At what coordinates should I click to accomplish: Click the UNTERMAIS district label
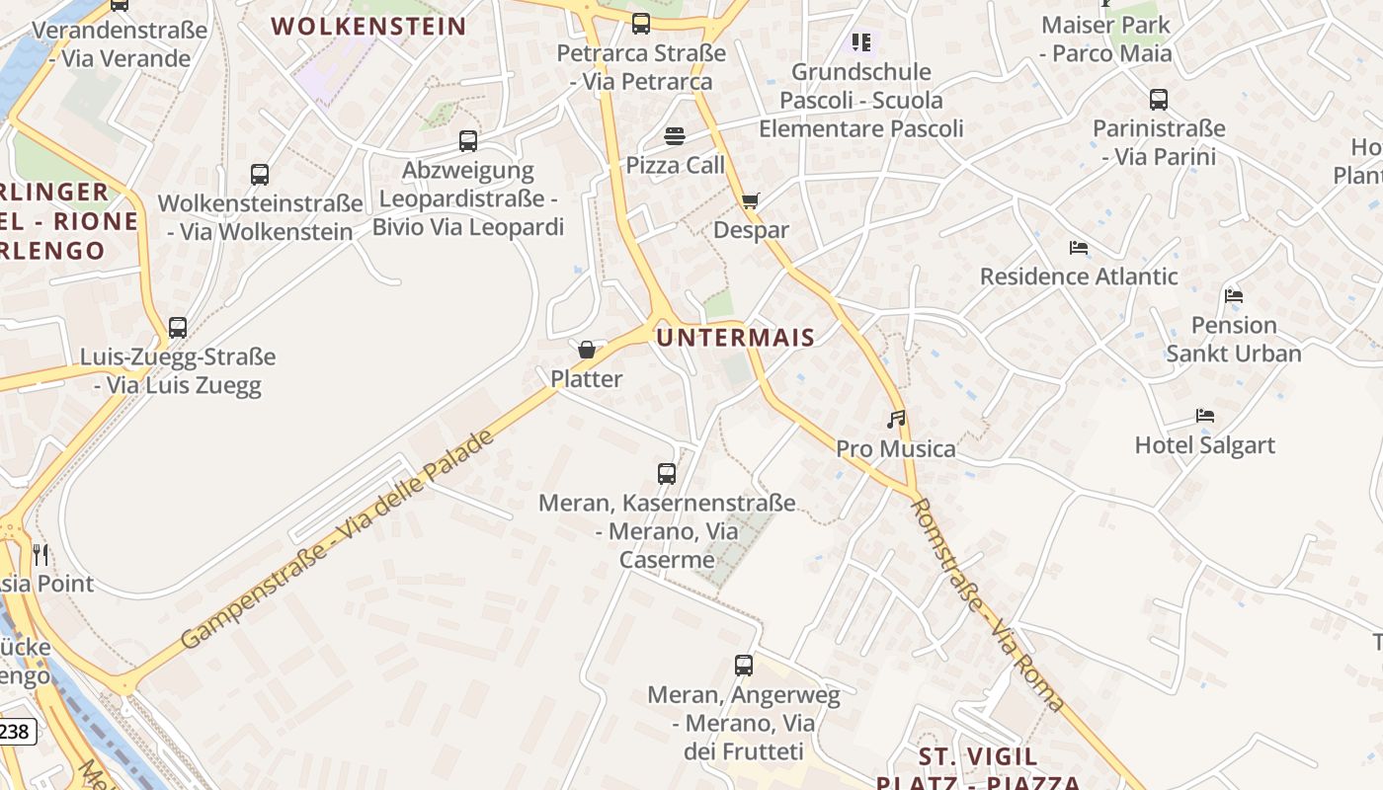(x=736, y=338)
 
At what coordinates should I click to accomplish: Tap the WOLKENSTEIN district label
(x=368, y=27)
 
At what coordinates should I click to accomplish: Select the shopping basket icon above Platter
(x=587, y=350)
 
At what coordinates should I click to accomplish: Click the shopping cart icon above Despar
(x=751, y=201)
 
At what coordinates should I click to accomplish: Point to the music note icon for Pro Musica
(x=896, y=420)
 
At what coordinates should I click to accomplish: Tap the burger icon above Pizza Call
(x=675, y=135)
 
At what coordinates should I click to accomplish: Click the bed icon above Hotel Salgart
(x=1204, y=416)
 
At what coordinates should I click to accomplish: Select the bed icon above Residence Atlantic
(x=1079, y=247)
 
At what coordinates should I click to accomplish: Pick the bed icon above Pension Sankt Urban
(x=1233, y=295)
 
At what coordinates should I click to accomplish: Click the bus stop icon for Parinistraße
(x=1159, y=100)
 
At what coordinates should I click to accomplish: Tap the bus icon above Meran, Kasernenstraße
(x=667, y=474)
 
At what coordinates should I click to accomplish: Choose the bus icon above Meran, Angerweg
(x=744, y=666)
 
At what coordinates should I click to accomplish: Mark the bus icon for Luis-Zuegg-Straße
(x=178, y=328)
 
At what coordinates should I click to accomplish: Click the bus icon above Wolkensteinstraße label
(x=260, y=175)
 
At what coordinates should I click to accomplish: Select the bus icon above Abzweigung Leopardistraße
(x=468, y=141)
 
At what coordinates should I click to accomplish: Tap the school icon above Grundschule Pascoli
(x=861, y=42)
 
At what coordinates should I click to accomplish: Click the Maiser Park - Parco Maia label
(x=1106, y=39)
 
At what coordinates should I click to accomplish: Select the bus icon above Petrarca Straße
(x=641, y=24)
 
